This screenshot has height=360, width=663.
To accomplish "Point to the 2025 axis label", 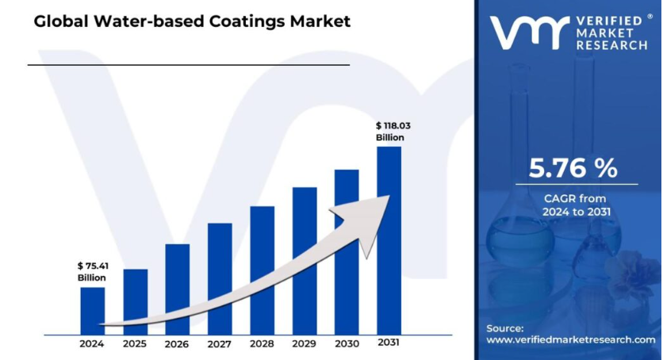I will [x=135, y=344].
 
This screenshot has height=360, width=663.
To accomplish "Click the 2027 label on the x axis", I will [x=220, y=344].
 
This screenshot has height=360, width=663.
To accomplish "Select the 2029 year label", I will [x=305, y=344].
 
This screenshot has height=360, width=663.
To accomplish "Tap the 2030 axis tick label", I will [x=347, y=344].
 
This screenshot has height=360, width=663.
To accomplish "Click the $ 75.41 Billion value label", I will [x=92, y=271].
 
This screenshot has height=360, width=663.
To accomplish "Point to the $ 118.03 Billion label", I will [x=391, y=131].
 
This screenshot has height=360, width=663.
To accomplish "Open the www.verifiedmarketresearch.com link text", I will [x=570, y=339].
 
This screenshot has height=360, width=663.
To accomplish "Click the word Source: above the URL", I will [x=505, y=327].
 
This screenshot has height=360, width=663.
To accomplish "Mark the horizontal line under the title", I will [x=188, y=64].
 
